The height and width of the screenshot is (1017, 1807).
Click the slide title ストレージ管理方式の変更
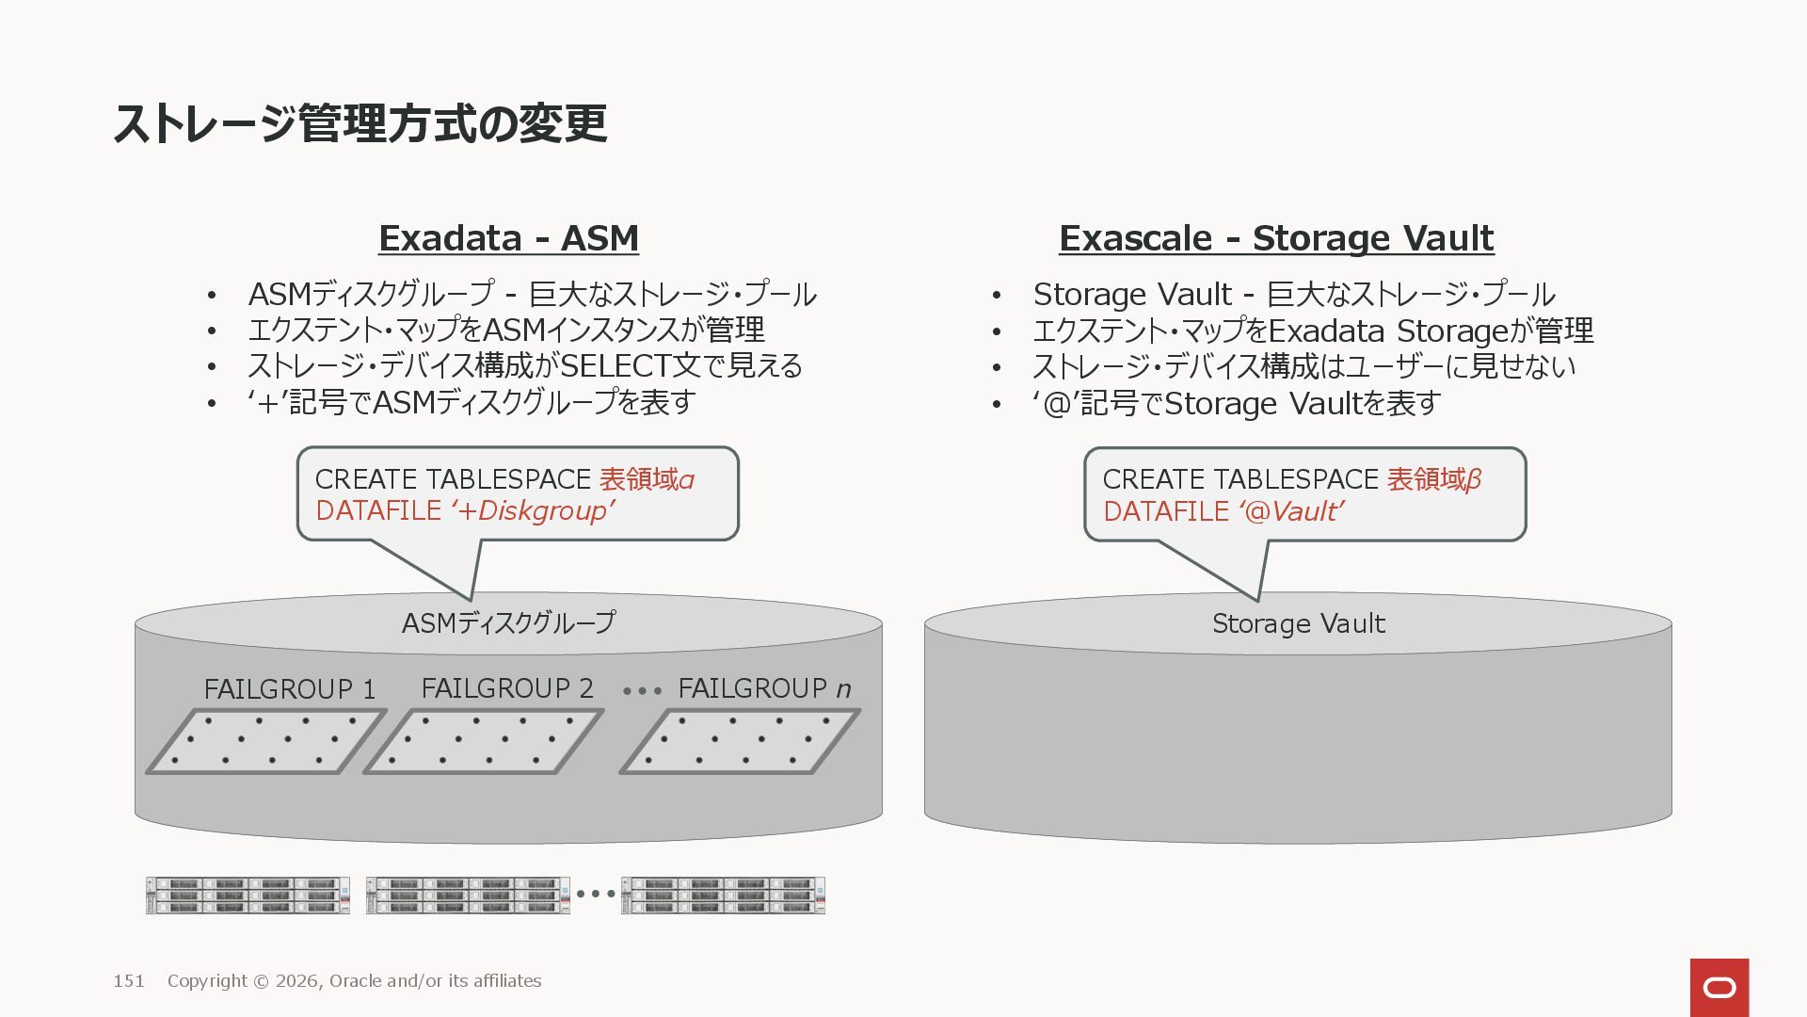pos(360,123)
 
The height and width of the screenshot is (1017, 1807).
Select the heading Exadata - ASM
pos(508,238)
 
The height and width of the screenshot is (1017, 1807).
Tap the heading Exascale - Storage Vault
pos(1275,238)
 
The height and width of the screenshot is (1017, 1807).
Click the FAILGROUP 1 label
pos(289,689)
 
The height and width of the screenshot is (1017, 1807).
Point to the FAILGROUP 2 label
pos(506,688)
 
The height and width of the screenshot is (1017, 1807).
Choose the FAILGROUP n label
pos(763,688)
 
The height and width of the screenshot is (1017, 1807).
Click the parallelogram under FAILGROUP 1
pos(265,742)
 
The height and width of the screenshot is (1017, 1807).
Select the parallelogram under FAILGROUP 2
pos(483,742)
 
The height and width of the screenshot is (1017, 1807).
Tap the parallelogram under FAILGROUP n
pos(739,742)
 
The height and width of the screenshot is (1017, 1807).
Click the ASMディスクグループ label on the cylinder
pos(508,622)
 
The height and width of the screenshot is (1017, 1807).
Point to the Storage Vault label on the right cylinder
pos(1298,623)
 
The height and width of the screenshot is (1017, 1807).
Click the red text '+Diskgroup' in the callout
pos(533,510)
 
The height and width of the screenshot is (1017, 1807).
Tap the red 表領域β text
pos(1433,479)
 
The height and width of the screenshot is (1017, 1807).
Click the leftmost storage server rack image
pos(248,896)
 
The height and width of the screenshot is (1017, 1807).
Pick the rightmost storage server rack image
pos(723,896)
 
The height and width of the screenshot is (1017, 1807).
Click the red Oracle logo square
pos(1719,987)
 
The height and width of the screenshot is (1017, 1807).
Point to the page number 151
pos(129,981)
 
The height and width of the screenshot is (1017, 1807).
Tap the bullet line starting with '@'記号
pos(1237,403)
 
